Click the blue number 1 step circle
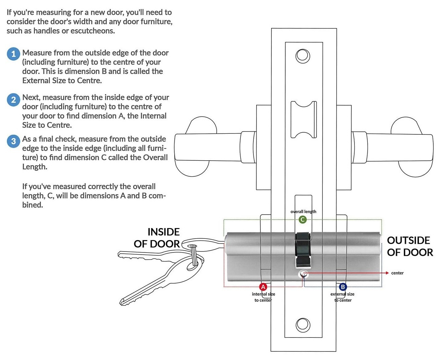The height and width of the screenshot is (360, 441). coord(13,54)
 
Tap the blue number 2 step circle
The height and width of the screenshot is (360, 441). coord(13,100)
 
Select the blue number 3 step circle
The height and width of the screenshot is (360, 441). coord(13,141)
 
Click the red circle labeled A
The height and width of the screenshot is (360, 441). coord(263,287)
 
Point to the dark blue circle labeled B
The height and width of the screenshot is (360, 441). coord(343,287)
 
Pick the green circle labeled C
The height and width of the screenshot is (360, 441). coord(303,219)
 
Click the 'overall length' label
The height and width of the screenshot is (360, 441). coord(303,212)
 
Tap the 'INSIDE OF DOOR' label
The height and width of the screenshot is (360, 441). coord(157,238)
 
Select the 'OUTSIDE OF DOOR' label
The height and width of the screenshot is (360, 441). coord(410,246)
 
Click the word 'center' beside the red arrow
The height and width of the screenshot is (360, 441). coord(397,273)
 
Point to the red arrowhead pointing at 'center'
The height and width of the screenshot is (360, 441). coord(387,273)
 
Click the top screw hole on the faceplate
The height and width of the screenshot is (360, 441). coord(303,56)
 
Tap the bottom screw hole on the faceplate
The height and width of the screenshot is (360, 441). coord(303,325)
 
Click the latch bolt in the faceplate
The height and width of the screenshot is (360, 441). coord(304,119)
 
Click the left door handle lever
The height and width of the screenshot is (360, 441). coord(209,147)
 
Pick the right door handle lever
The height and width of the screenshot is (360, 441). coord(397,147)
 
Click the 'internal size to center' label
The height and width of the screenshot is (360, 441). coord(263,297)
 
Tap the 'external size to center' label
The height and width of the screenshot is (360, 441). coord(343,297)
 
